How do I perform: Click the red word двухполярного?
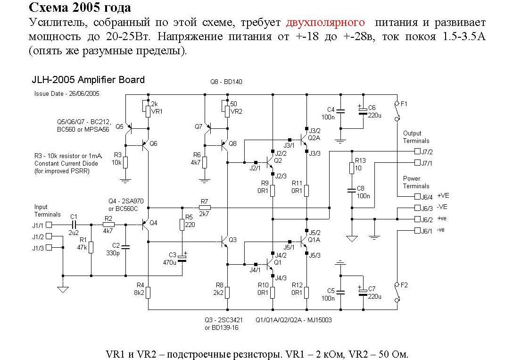[325, 23]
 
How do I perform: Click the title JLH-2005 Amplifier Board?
[88, 80]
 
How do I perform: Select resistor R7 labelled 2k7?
[204, 207]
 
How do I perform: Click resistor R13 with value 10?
[351, 168]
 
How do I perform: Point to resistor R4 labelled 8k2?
[148, 293]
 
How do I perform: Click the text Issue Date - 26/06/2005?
[67, 93]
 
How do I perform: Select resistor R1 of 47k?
[91, 247]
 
